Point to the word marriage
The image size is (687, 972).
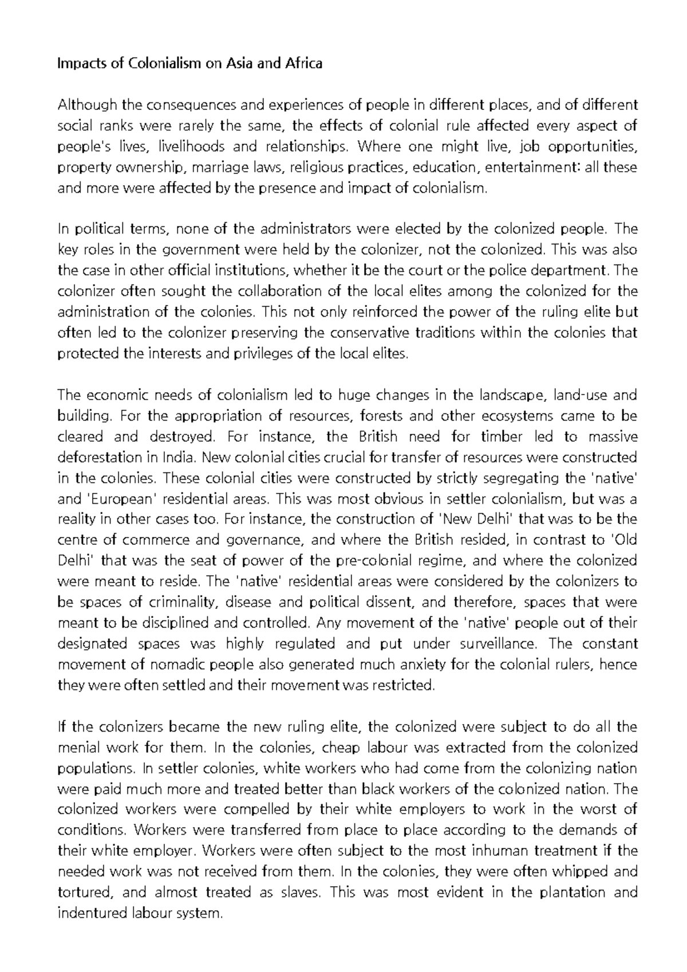point(216,167)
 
